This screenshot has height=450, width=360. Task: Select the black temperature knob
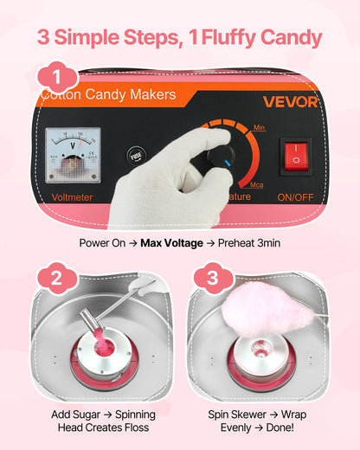[x=219, y=156]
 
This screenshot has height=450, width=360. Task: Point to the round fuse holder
[x=135, y=157]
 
